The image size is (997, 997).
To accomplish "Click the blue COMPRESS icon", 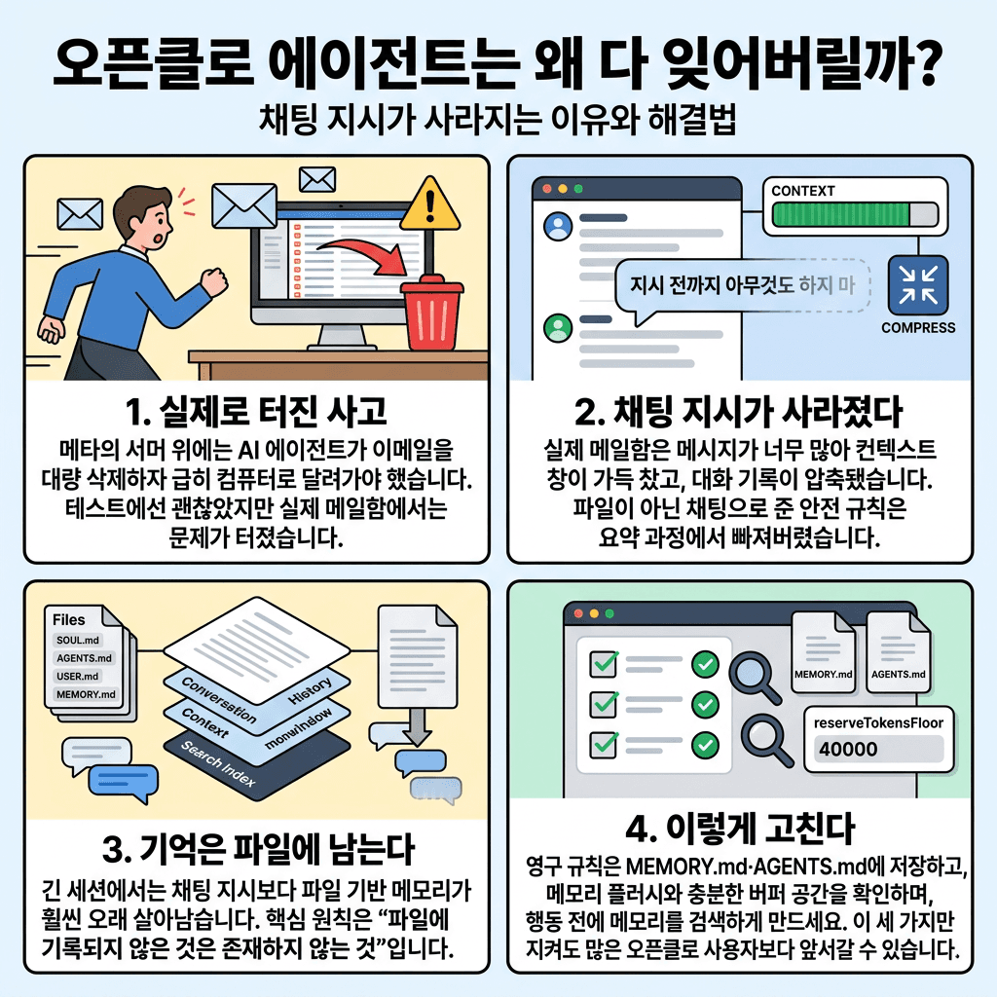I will tap(917, 282).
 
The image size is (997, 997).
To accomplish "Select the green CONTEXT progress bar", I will tap(854, 214).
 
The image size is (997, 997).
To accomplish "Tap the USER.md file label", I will tap(78, 677).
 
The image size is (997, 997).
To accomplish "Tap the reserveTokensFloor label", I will tap(877, 722).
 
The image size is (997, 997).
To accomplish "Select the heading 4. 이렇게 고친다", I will tap(740, 831).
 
